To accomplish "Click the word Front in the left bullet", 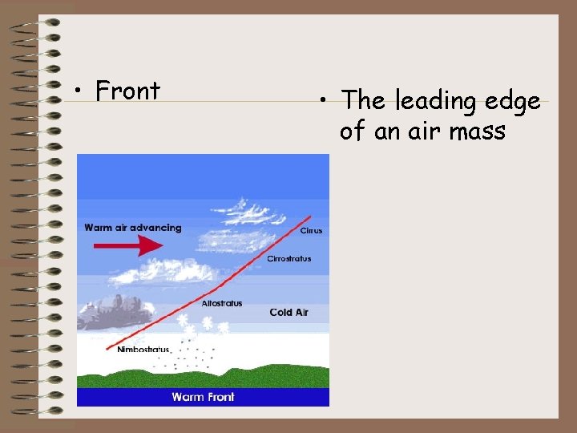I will pos(127,91).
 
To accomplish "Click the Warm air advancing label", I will pos(133,228).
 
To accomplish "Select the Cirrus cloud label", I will pos(311,231).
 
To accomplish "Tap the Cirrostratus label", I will pos(288,259).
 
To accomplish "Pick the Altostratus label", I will pos(221,304).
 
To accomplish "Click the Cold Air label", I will pos(288,312).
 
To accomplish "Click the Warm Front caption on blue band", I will pos(203,397).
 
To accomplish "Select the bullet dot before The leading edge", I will pos(322,102).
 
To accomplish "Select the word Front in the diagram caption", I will pos(220,397).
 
